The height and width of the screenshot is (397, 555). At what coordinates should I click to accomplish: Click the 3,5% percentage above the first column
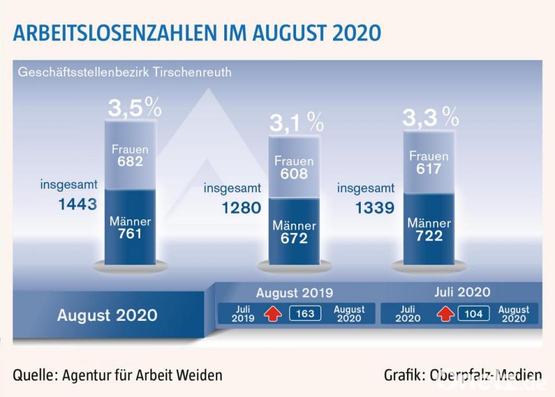(x=135, y=108)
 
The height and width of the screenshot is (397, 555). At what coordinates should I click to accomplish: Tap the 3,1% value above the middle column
(x=296, y=122)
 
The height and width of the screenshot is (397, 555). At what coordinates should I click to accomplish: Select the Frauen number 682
(x=130, y=162)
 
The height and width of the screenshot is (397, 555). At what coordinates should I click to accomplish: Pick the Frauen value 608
(x=294, y=173)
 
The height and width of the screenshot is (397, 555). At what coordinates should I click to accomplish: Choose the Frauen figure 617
(x=428, y=168)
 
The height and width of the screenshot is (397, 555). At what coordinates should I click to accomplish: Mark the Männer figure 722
(x=428, y=235)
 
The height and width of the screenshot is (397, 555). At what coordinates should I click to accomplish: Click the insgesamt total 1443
(x=77, y=204)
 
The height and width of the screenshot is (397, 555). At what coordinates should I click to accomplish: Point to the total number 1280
(x=242, y=207)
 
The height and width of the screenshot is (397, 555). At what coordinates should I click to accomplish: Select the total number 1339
(x=375, y=207)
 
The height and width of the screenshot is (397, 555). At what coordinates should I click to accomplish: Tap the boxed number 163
(x=305, y=314)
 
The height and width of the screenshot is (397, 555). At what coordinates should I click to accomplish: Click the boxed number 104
(x=473, y=314)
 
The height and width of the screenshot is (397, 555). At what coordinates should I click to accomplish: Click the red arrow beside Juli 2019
(x=272, y=314)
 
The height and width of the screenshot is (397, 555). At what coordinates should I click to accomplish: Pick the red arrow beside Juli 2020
(x=444, y=314)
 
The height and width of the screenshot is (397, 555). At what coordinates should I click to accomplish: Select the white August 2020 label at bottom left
(x=107, y=315)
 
